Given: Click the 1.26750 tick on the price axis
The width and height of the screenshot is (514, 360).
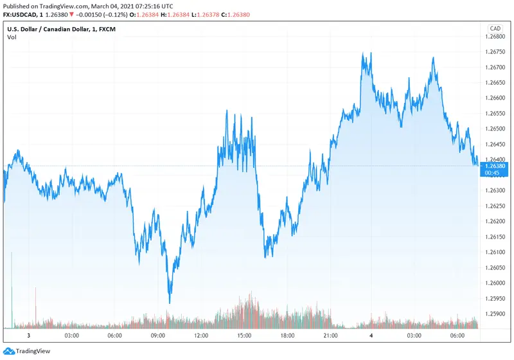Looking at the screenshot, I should (495, 51).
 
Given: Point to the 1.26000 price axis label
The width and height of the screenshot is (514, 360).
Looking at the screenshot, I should (495, 283).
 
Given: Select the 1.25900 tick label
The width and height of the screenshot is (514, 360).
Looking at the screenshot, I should (495, 314).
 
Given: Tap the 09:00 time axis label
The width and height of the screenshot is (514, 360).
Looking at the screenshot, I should (158, 336).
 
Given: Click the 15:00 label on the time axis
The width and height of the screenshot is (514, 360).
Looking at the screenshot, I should (244, 336).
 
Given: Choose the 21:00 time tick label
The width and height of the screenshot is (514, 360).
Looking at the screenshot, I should (331, 336).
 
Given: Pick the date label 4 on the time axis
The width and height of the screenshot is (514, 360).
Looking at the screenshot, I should (371, 336).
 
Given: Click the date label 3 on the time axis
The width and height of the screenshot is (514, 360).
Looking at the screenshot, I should (28, 336).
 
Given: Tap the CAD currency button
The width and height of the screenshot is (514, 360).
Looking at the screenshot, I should (495, 28).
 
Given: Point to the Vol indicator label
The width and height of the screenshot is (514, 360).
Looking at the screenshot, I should (12, 37).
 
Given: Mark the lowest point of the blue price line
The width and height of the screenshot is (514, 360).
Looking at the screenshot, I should (170, 303).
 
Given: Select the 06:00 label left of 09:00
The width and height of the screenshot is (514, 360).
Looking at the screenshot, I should (114, 336).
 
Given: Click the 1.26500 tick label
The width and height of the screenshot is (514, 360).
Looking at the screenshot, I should (495, 129).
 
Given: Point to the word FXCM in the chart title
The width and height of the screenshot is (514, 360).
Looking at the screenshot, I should (123, 28).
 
